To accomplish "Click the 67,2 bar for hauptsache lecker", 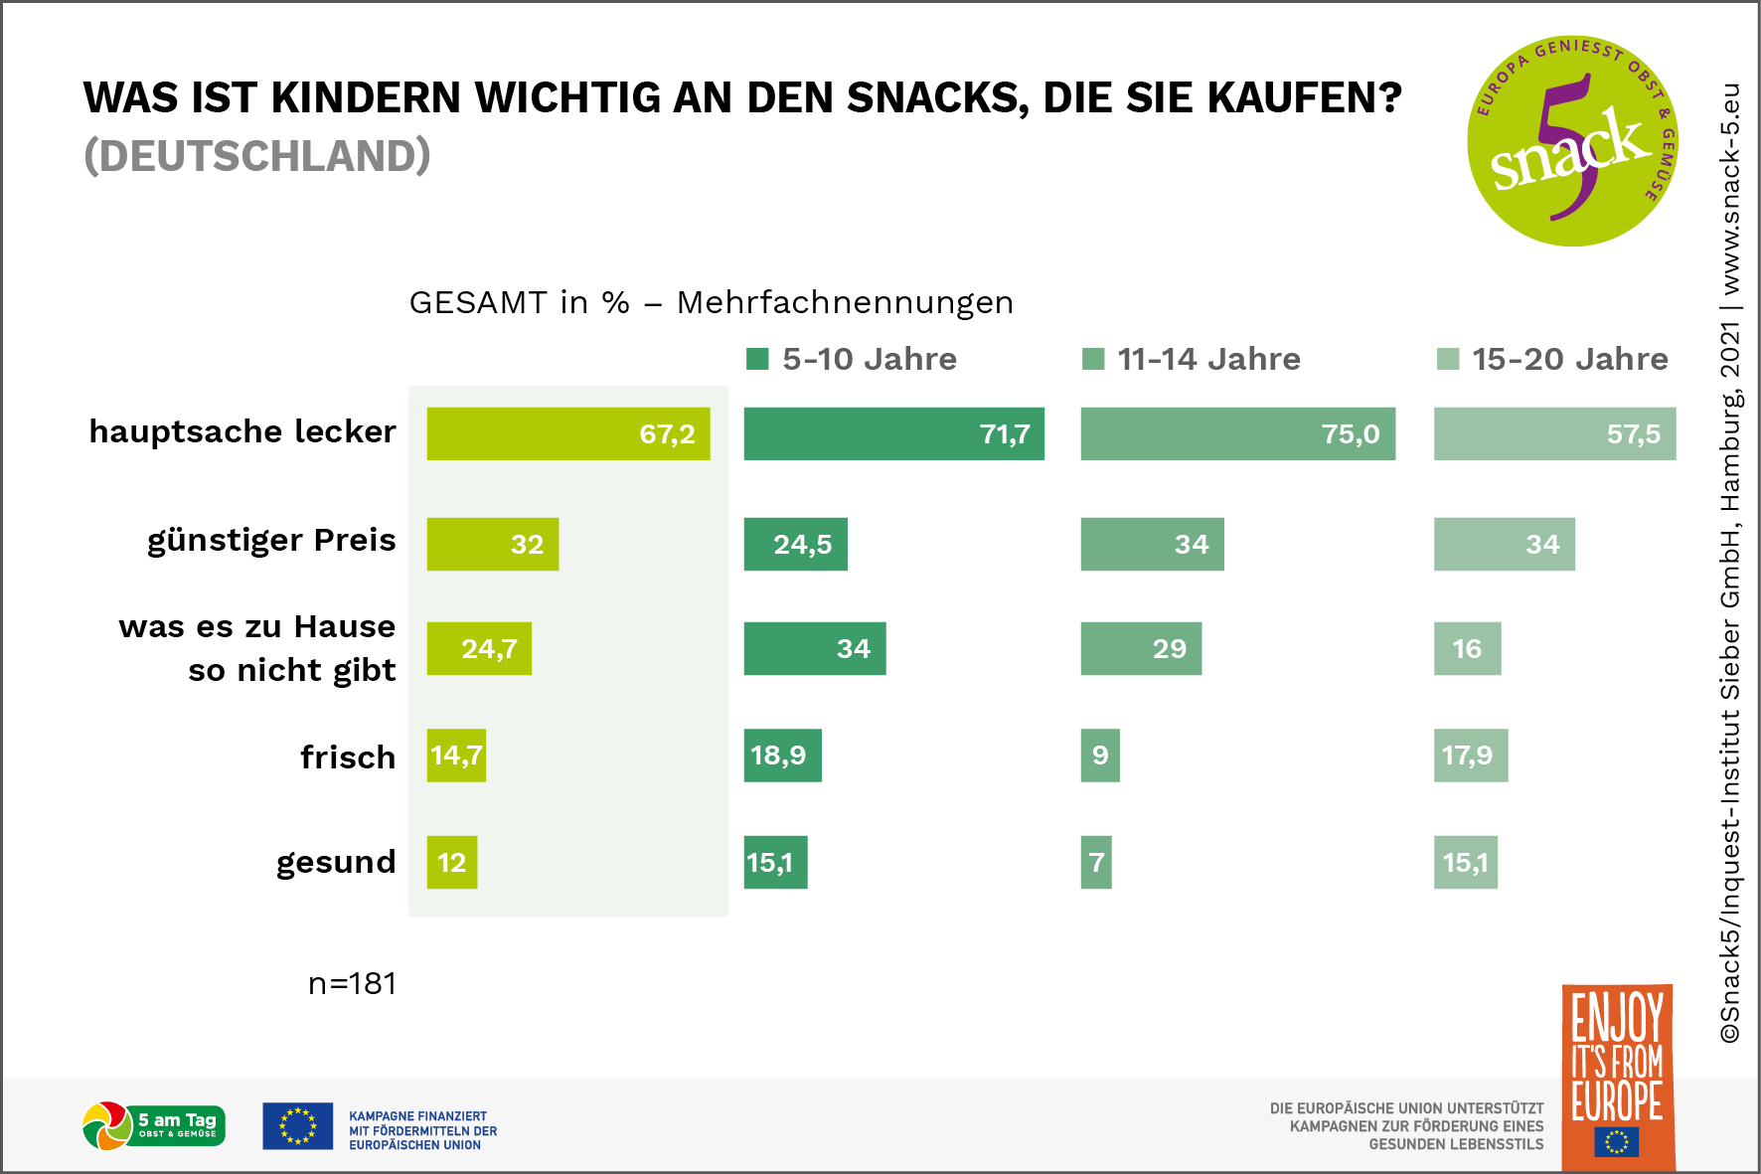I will coord(567,433).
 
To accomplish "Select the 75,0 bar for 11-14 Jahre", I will coord(1237,433).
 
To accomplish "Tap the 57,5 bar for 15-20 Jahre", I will coord(1554,433).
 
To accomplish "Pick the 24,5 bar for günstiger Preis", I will coord(795,544).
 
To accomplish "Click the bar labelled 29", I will coord(1141,648).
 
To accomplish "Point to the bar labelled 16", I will coord(1467,648).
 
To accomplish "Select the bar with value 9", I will coord(1100,755).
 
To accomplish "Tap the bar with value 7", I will coord(1096,862).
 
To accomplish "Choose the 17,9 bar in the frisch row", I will coord(1470,755).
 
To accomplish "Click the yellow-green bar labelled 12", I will coord(452,862).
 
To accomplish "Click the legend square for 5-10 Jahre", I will coord(757,359).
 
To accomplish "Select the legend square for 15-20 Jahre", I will coord(1448,359).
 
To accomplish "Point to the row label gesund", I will coord(336,862).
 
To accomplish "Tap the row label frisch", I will coord(348,757).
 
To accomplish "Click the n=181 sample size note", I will coord(352,983).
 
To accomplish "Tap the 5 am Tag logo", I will coord(154,1125).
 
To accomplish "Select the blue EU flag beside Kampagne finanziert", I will coord(297,1126).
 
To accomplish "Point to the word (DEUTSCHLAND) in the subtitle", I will coord(257,156).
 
